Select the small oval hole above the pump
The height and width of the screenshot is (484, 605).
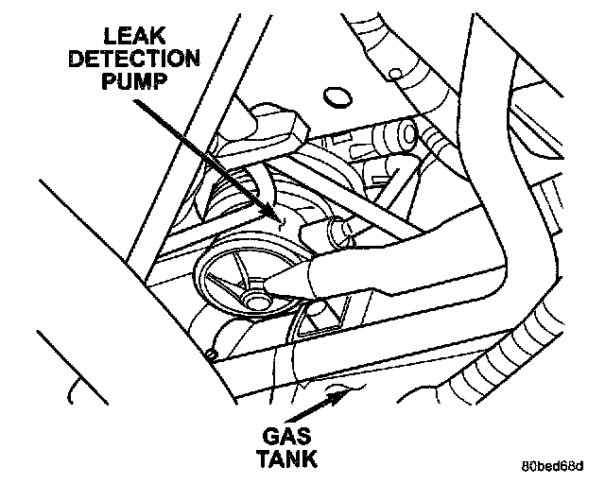334,96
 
